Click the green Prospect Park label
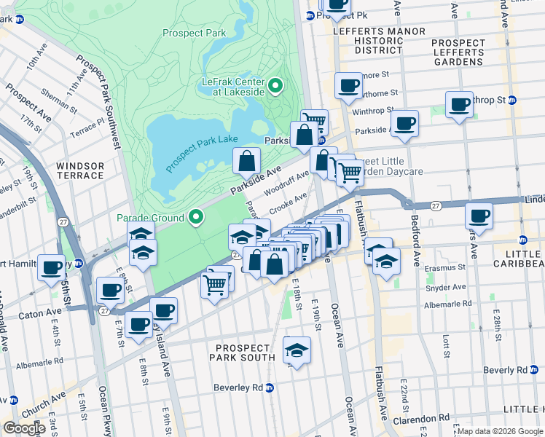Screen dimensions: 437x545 coord(195,33)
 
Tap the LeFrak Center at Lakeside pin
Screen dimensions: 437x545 coord(275,86)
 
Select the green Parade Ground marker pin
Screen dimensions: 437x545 coord(195,217)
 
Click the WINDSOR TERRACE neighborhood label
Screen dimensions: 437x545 coord(80,171)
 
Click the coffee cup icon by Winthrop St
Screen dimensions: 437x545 coord(459,103)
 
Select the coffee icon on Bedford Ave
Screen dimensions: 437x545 coord(404,122)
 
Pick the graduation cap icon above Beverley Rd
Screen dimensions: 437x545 coord(297,350)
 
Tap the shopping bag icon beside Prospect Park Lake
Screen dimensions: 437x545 coord(247,160)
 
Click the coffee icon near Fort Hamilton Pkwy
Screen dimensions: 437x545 coord(51,267)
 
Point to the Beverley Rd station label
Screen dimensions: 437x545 coord(238,387)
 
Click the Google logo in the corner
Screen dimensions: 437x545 coord(23,428)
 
